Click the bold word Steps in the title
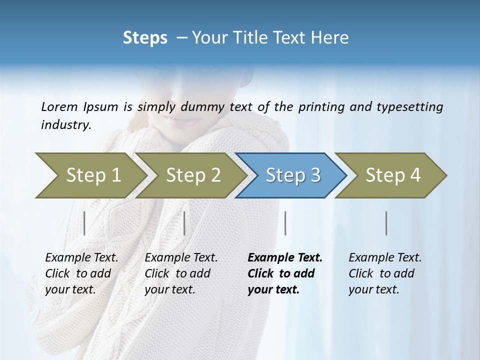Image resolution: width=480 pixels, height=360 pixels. click(145, 38)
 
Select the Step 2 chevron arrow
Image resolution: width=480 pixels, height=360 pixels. click(193, 175)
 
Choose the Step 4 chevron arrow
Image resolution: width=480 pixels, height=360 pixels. click(393, 175)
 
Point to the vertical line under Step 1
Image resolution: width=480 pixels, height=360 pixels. click(84, 223)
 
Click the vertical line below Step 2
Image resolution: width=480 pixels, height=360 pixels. click(184, 223)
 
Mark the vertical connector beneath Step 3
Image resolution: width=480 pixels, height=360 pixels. click(285, 223)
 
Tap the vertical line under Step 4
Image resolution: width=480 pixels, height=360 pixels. click(386, 223)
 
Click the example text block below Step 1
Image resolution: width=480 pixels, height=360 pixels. click(81, 273)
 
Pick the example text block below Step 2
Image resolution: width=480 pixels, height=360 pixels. click(181, 273)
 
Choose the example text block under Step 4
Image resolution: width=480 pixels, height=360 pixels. click(385, 273)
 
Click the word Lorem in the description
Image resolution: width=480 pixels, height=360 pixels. click(59, 106)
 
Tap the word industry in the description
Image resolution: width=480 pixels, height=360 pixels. click(66, 125)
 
